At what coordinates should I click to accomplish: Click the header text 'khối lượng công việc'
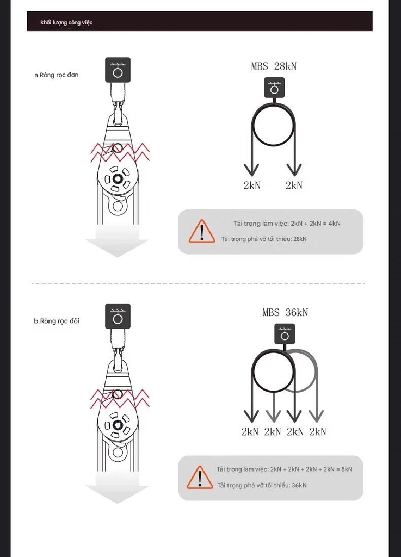point(66,22)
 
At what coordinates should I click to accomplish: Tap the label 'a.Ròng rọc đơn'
point(57,75)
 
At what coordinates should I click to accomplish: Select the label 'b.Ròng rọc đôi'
point(57,321)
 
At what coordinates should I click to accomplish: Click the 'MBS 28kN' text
point(274,66)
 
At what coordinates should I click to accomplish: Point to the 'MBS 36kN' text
point(285,313)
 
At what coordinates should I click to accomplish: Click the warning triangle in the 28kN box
point(202,231)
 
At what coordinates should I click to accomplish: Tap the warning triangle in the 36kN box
point(200,478)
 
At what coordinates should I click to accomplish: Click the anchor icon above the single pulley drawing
point(118,70)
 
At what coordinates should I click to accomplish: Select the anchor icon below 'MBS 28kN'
point(274,88)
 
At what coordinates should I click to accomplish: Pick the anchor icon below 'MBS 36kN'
point(285,334)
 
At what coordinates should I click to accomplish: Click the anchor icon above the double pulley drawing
point(118,316)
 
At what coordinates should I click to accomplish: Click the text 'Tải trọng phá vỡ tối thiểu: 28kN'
point(264,239)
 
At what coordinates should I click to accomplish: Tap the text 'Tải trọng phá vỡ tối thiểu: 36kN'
point(262,485)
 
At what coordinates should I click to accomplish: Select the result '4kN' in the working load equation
point(334,224)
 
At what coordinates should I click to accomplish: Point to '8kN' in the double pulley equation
point(347,469)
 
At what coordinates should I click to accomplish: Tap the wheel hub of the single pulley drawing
point(117,178)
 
